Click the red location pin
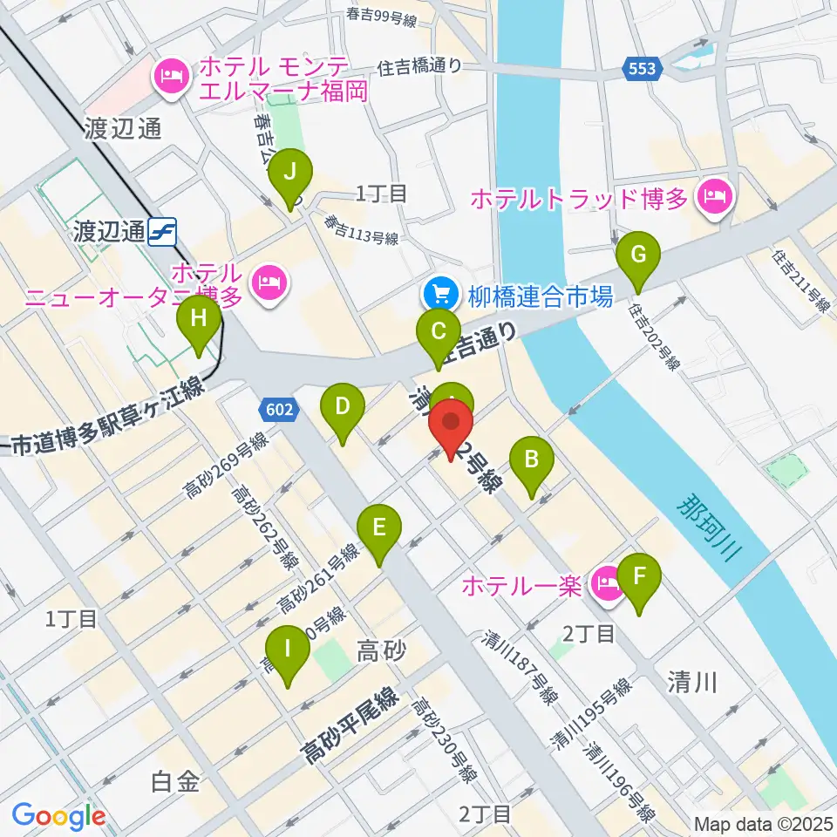pos(452,425)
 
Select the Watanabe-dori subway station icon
pos(162,232)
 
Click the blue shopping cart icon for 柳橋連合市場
pos(437,296)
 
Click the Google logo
pos(58,815)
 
